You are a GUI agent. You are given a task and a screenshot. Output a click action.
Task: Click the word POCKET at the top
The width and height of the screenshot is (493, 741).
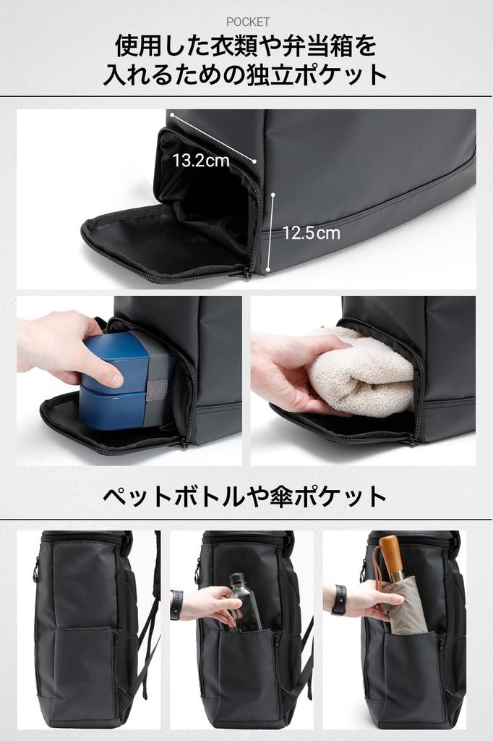247,22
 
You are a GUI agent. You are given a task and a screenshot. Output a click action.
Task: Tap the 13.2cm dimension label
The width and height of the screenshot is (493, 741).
200,161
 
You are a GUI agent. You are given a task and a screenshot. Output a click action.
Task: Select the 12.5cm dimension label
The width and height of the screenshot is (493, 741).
311,233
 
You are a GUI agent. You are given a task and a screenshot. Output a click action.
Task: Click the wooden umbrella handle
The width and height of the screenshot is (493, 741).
391,557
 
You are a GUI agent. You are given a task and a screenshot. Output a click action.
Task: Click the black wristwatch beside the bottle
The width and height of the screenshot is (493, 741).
176,604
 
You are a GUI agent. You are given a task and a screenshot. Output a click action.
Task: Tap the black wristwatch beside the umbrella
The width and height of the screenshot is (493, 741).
338,599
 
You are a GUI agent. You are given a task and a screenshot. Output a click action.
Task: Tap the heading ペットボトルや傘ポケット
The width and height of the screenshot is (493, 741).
245,496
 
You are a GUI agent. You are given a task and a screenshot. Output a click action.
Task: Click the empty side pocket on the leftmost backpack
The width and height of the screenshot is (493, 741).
83,669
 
